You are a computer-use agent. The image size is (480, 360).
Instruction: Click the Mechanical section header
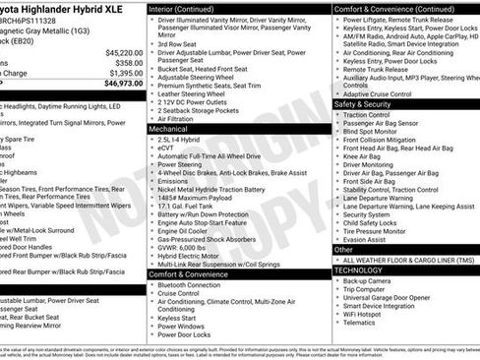(x=170, y=129)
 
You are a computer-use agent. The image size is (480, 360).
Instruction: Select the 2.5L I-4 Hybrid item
(x=183, y=140)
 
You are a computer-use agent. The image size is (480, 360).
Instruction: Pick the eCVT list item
(x=169, y=149)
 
